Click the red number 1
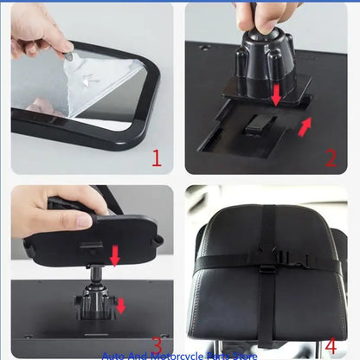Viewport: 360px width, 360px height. click(x=157, y=158)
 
